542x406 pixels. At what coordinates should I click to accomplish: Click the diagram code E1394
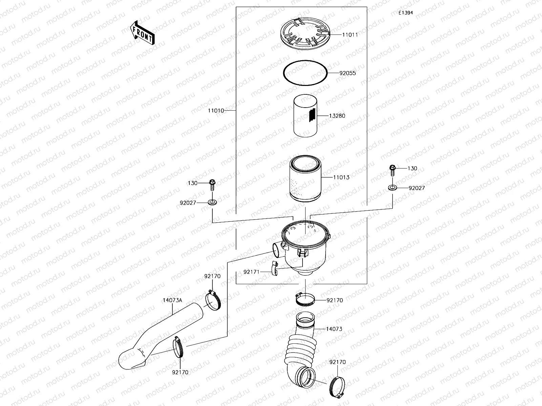(405, 13)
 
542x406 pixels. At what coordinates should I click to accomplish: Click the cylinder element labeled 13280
(305, 115)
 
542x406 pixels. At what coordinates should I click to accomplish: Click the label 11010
(216, 111)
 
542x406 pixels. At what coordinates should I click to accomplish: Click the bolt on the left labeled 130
(212, 183)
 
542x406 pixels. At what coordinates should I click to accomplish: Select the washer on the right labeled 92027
(393, 188)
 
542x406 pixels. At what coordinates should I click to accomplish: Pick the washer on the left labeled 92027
(212, 203)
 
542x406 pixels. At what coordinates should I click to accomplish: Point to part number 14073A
(172, 300)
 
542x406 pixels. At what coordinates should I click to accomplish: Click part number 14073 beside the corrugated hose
(334, 329)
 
